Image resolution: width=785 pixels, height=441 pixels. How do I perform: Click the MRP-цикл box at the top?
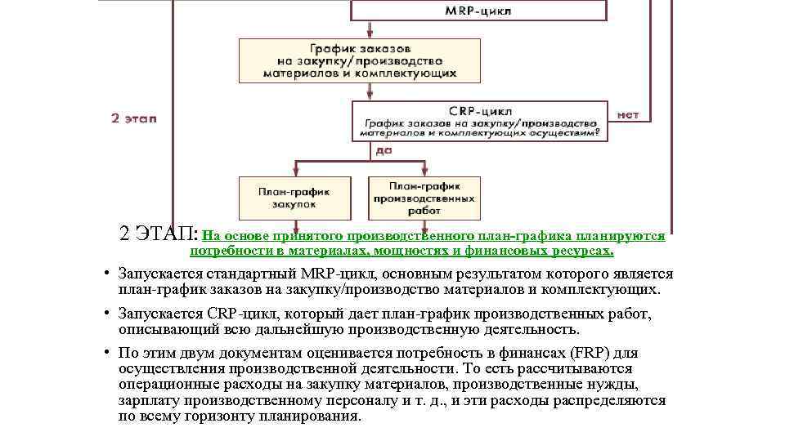click(x=479, y=11)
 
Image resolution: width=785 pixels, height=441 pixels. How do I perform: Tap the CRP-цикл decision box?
click(x=480, y=121)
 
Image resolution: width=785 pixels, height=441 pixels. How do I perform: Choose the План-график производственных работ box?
click(x=424, y=197)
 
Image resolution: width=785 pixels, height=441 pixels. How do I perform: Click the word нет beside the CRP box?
click(x=628, y=114)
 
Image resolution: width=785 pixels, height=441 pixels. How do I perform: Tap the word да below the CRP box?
click(x=384, y=150)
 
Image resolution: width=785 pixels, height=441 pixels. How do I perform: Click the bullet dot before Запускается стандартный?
click(x=107, y=274)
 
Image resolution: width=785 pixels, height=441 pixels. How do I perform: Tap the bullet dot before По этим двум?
click(x=107, y=353)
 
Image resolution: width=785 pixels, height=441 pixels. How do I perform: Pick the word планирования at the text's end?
click(x=312, y=416)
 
